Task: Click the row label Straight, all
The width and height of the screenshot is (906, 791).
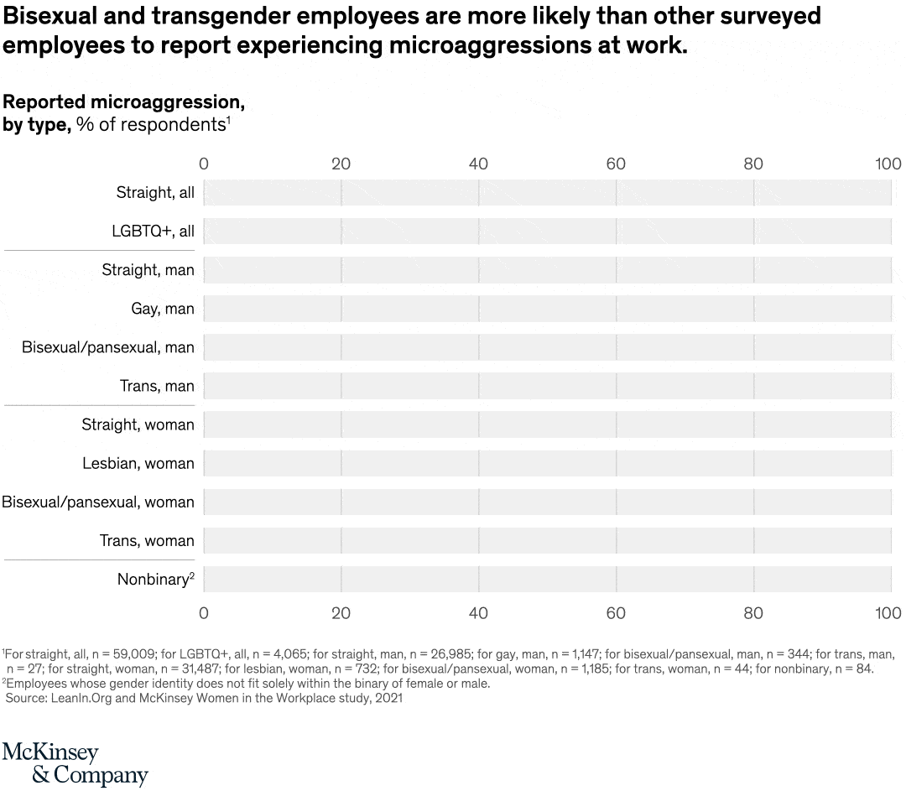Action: point(155,193)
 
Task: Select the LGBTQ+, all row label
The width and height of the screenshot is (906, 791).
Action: point(153,232)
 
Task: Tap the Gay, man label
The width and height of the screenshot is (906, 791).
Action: point(162,309)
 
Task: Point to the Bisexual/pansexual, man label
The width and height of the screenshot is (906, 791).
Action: point(107,347)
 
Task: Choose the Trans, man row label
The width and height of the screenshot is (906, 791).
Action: point(157,386)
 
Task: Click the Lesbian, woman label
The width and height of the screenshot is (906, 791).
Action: point(138,463)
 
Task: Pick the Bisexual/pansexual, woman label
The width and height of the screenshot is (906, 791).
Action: point(98,502)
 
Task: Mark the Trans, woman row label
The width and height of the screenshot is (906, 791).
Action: point(147,540)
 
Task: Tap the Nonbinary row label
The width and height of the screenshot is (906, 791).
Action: point(154,579)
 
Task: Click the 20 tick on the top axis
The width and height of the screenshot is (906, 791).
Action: point(341,164)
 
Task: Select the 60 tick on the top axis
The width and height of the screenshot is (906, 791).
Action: point(616,164)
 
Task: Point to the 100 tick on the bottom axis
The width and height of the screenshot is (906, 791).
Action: point(888,613)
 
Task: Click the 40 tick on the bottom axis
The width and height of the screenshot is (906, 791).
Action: point(478,613)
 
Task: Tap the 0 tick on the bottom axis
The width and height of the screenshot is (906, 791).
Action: point(203,613)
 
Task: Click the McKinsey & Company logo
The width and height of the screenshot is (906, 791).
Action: point(75,762)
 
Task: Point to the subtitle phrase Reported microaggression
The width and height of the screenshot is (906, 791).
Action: point(124,102)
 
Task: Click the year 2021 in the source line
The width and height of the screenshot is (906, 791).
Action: point(388,698)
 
